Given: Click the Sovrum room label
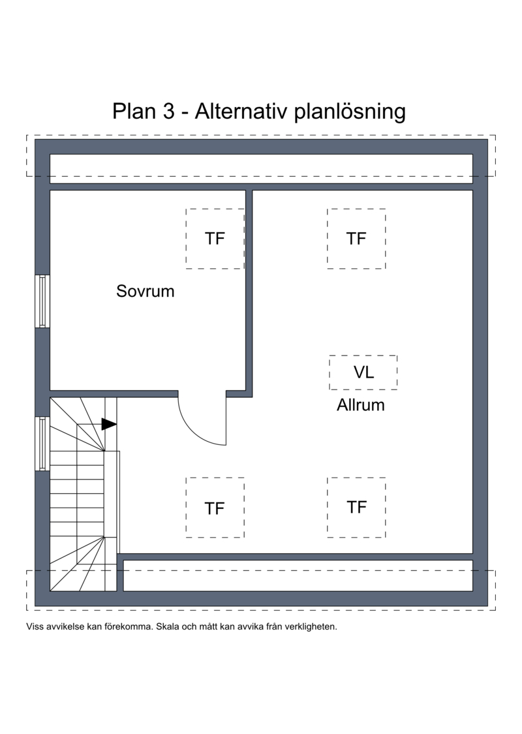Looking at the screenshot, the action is [x=145, y=291].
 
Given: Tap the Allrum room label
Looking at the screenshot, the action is [x=360, y=405].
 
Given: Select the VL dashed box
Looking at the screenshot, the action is [x=363, y=373].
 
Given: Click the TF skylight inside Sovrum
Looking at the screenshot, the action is [x=215, y=239].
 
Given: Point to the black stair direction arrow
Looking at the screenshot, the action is [x=109, y=424].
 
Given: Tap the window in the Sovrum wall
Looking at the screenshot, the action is [x=42, y=301].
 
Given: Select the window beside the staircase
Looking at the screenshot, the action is [x=42, y=443].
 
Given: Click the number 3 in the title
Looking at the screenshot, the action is [x=169, y=112].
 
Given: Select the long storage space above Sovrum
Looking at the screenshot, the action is [x=261, y=168].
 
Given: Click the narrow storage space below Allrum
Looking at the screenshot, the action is [x=298, y=575].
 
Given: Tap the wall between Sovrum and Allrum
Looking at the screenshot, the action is [x=249, y=294].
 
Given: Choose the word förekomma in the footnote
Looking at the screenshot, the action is [x=131, y=626].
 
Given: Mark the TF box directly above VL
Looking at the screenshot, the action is [x=356, y=239].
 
